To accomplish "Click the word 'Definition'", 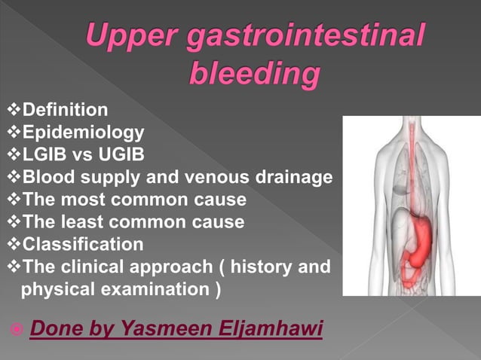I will click(66, 111).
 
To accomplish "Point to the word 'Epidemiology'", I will click(83, 133).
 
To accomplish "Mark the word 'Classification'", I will click(83, 245).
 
